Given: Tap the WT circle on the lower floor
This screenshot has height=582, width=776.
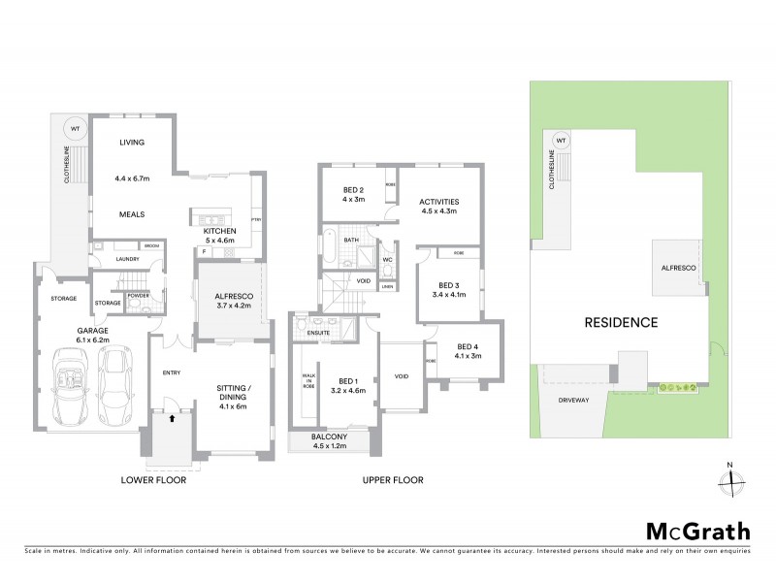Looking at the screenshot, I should tap(72, 125).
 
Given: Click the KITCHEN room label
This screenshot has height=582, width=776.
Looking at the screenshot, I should tap(220, 232).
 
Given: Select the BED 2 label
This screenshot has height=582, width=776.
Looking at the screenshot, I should tap(353, 190).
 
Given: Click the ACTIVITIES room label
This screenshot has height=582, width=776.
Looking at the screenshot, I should tap(439, 202).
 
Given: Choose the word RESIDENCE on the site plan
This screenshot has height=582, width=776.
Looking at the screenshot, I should tap(620, 323).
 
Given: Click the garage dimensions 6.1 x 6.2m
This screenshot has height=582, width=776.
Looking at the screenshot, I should tap(93, 340).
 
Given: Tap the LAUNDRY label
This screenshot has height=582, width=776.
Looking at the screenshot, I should tap(126, 259).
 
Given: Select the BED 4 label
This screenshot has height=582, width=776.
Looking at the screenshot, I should tap(469, 346).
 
